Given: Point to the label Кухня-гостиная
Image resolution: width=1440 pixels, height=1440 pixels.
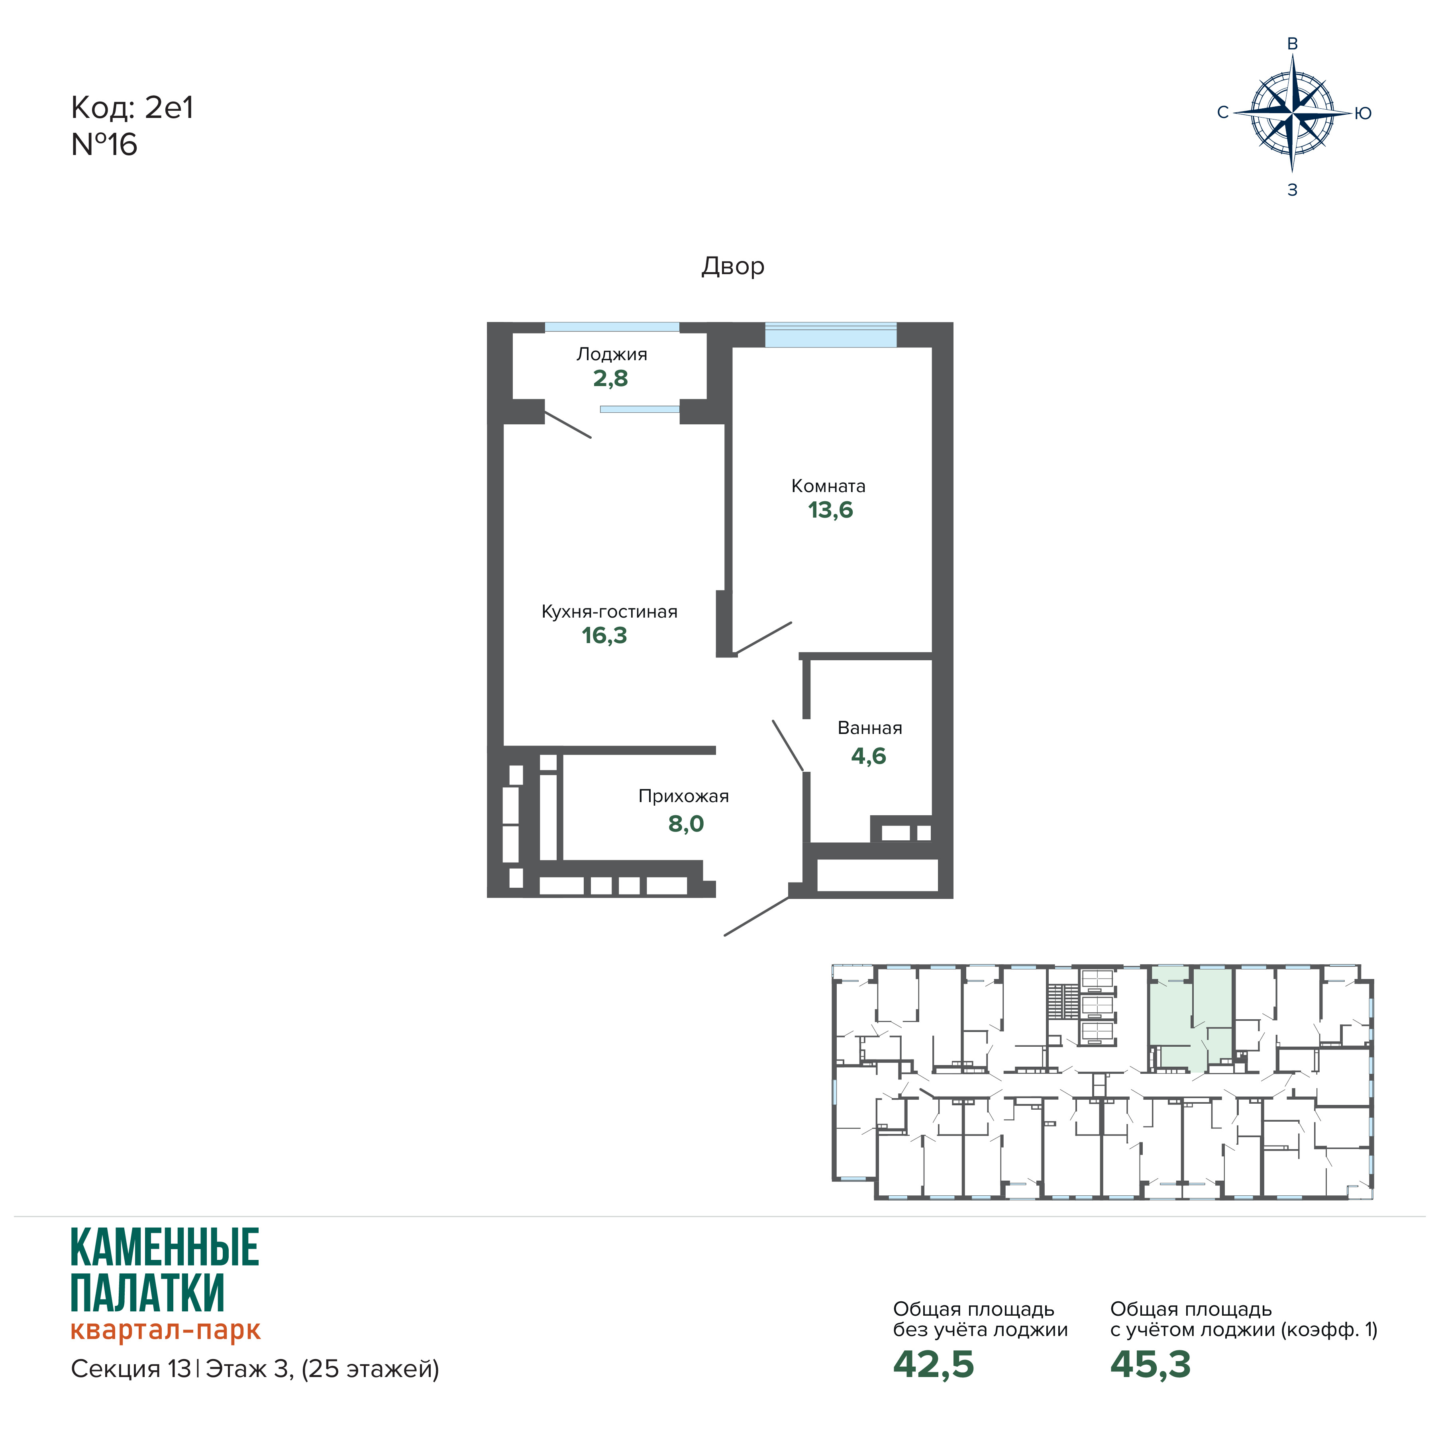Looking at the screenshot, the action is tap(609, 612).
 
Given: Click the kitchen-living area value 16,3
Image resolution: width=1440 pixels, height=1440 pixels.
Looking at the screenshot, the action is tap(604, 636).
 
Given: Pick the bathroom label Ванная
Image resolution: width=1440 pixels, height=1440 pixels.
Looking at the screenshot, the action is tap(870, 728).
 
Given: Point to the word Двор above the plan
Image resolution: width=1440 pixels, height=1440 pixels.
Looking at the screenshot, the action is tap(733, 266).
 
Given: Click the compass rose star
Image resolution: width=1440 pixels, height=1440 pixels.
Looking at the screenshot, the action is tap(1293, 114).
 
